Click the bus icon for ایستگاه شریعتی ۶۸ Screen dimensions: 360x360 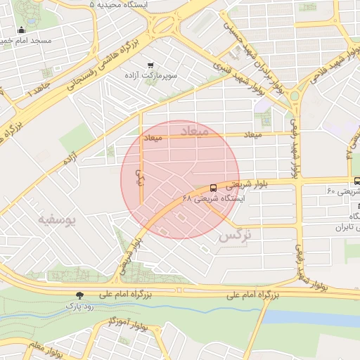pyautogui.click(x=213, y=188)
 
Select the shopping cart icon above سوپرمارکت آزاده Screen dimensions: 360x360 pyautogui.click(x=150, y=65)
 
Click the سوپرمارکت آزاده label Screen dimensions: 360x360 pyautogui.click(x=149, y=75)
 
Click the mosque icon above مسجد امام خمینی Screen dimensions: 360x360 pyautogui.click(x=22, y=30)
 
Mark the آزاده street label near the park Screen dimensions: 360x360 pyautogui.click(x=70, y=160)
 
